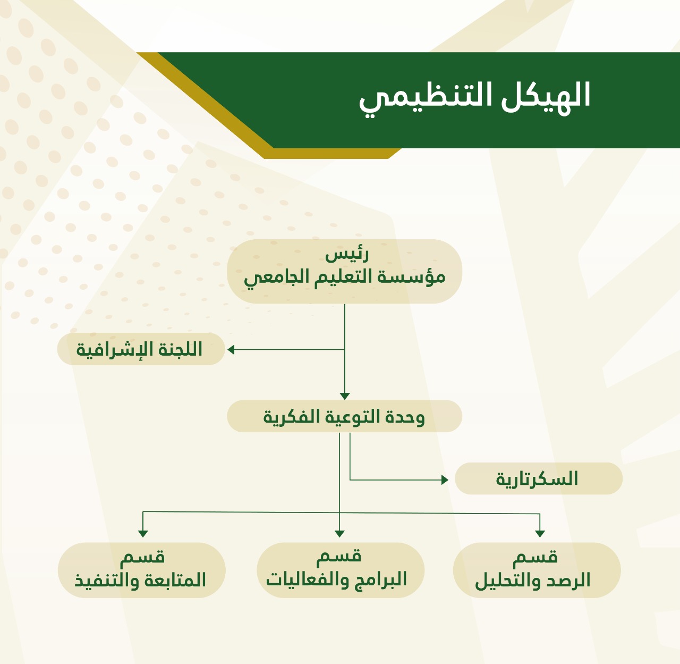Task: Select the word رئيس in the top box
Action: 346,254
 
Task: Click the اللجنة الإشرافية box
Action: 141,349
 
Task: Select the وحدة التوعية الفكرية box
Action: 345,416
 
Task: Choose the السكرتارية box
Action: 539,478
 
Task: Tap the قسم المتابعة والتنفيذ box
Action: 141,570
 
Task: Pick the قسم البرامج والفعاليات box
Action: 341,570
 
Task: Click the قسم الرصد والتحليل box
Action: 537,570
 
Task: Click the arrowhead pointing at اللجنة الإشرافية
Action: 231,349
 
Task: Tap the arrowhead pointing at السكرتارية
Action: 445,480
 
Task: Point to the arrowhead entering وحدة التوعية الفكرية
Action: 345,396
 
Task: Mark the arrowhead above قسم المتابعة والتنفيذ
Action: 143,534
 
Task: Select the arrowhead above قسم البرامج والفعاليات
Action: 339,534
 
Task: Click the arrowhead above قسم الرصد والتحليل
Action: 540,534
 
